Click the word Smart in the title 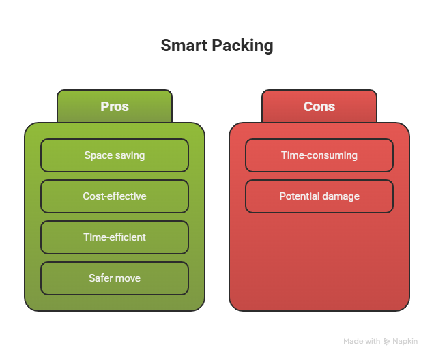179,46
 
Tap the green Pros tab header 115,106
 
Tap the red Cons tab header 319,106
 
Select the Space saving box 115,155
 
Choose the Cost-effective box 115,196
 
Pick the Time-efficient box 115,237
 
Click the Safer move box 115,278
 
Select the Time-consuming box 319,155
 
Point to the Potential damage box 319,196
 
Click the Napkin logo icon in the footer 387,341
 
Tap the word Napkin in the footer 405,341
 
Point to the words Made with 362,341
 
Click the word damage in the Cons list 341,196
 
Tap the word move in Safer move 128,278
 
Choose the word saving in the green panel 130,155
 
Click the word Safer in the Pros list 101,278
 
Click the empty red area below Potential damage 319,259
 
